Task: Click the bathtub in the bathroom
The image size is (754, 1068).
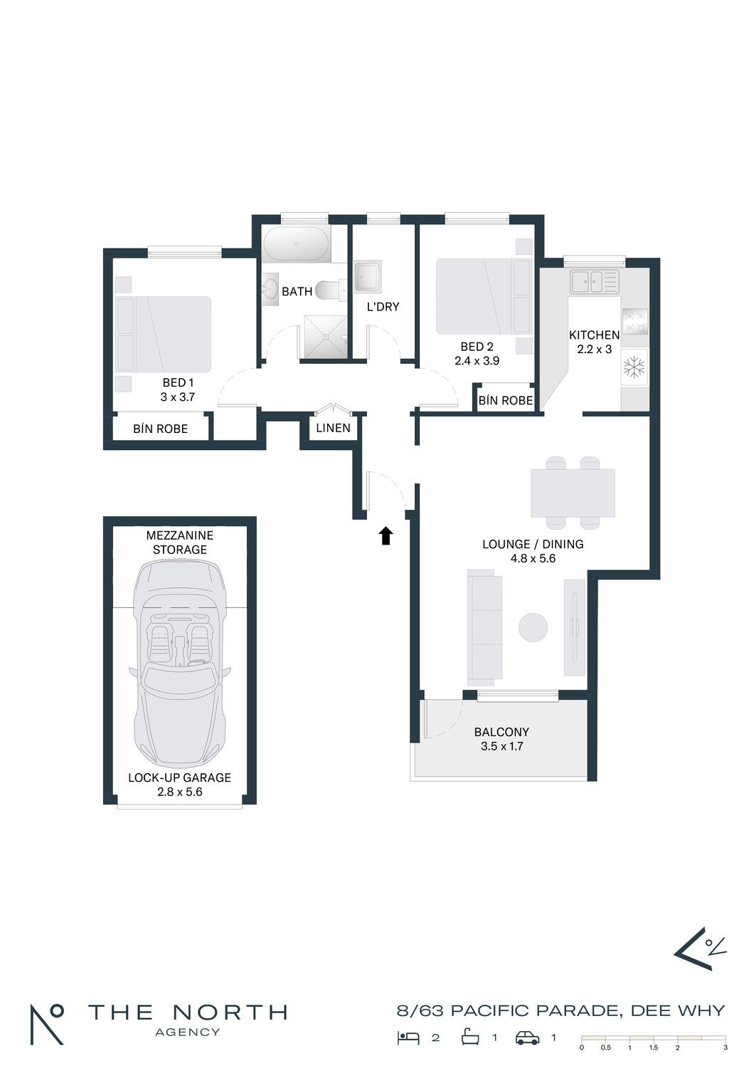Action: point(296,244)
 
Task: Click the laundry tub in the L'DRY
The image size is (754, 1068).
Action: point(368,276)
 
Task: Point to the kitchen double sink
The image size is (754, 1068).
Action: point(595,282)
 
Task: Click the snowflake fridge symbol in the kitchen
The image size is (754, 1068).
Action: point(634,367)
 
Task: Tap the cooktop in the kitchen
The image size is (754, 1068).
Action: point(634,321)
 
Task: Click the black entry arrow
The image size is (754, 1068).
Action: point(386,535)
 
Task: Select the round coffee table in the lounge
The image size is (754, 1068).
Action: point(533,627)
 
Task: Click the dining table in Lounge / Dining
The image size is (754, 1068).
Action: point(573,493)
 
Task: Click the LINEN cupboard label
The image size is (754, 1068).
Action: point(333,428)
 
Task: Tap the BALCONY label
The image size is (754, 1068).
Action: point(501,732)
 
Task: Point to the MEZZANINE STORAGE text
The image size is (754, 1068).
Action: point(180,543)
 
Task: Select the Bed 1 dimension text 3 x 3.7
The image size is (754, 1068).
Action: point(178,397)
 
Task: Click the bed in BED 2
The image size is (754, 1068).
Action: point(484,296)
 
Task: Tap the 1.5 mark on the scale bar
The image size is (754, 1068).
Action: point(653,1047)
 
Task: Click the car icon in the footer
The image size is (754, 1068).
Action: point(528,1038)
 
